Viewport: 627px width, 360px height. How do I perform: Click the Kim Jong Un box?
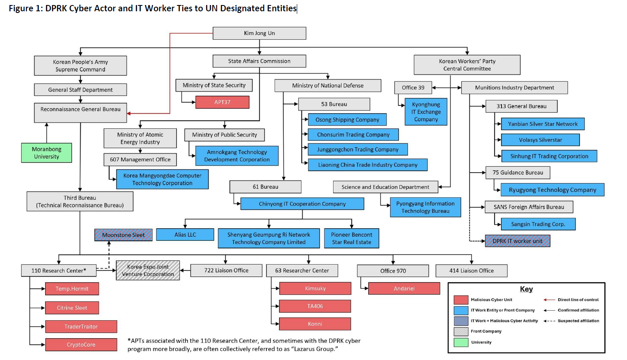click(259, 33)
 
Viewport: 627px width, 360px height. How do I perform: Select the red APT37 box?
click(222, 102)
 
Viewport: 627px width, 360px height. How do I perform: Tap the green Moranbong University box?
click(46, 153)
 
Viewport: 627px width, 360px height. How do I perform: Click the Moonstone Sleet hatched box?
click(123, 235)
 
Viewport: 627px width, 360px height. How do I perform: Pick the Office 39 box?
click(413, 87)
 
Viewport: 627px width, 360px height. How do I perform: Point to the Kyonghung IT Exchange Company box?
click(426, 112)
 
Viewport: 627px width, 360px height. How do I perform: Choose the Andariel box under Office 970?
click(404, 289)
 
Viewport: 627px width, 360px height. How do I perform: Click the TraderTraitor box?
click(81, 327)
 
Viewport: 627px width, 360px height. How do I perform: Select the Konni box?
click(315, 324)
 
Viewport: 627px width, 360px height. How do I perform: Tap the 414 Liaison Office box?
click(472, 271)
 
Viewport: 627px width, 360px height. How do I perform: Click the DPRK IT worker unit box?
click(517, 241)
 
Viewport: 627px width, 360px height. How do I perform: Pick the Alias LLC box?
click(185, 235)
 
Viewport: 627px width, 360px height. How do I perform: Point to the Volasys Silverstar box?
click(540, 140)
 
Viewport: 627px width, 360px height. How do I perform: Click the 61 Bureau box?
click(265, 187)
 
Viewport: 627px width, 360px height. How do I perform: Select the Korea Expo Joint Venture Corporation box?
click(148, 271)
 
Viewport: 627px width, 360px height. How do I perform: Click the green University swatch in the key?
click(461, 342)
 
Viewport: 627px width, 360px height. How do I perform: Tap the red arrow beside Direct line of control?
click(549, 300)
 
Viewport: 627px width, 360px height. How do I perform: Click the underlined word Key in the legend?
click(526, 289)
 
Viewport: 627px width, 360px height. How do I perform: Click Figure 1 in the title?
click(25, 8)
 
